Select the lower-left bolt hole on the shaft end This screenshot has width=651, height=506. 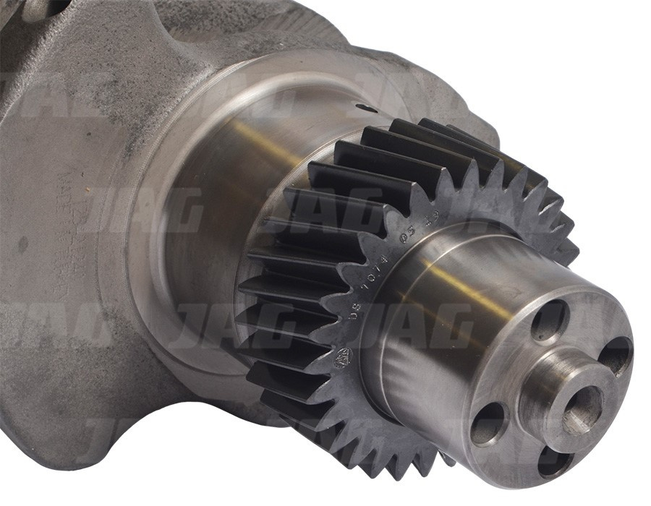coord(488,423)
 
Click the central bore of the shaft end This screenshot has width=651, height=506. coord(582,410)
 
